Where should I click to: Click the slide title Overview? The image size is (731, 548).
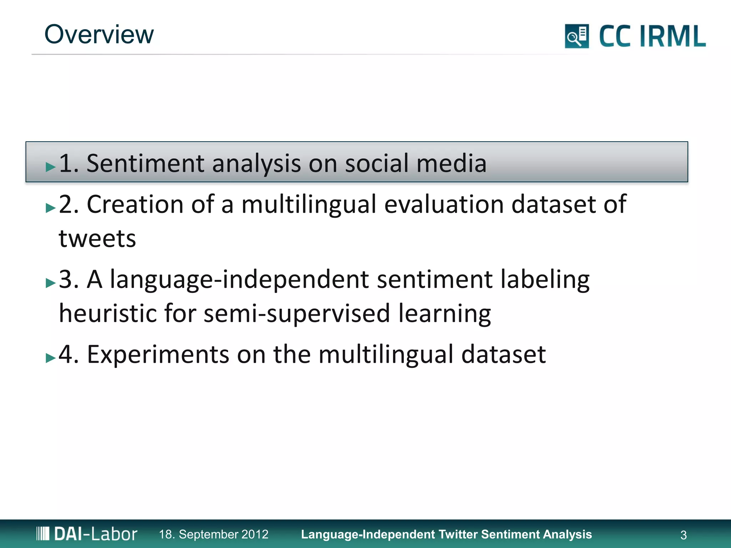[99, 35]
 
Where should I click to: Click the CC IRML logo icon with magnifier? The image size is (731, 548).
[576, 36]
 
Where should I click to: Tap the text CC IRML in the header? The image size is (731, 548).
[652, 36]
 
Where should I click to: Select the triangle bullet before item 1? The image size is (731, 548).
[51, 167]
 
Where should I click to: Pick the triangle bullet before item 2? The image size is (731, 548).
[51, 208]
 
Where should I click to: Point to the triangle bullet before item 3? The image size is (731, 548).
[51, 283]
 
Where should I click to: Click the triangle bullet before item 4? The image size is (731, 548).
[51, 358]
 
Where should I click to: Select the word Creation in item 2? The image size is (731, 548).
[135, 204]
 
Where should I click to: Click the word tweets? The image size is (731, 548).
[97, 238]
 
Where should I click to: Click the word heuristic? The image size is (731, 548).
[107, 313]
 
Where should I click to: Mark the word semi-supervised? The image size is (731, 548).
[297, 313]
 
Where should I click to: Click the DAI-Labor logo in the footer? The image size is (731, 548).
[87, 534]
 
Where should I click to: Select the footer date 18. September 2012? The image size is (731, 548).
[213, 534]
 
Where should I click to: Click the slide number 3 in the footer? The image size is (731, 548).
[683, 535]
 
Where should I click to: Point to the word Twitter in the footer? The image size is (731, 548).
[458, 534]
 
